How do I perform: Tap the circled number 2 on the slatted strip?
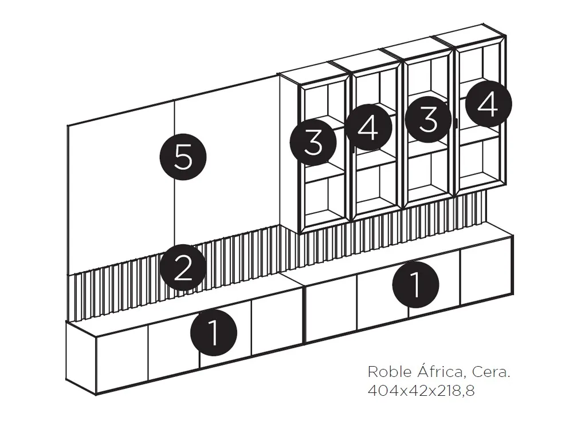tap(183, 268)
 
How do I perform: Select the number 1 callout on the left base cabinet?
tap(213, 332)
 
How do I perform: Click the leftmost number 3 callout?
tap(313, 142)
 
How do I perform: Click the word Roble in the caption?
tap(386, 372)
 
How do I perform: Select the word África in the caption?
tap(438, 372)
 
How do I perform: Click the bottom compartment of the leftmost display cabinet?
tap(325, 200)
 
